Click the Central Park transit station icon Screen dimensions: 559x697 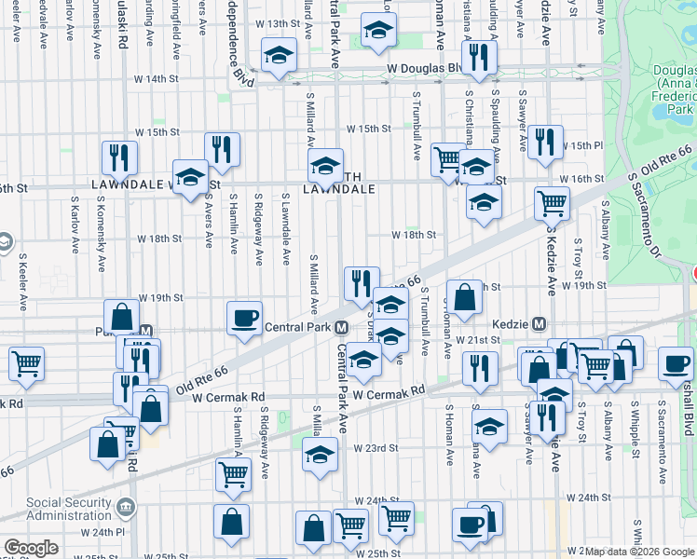click(343, 327)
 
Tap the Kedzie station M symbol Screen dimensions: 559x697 click(539, 324)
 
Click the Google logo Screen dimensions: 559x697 click(31, 548)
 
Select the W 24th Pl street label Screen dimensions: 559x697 click(103, 532)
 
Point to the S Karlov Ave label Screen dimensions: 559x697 click(75, 224)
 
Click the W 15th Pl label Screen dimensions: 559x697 click(587, 146)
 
